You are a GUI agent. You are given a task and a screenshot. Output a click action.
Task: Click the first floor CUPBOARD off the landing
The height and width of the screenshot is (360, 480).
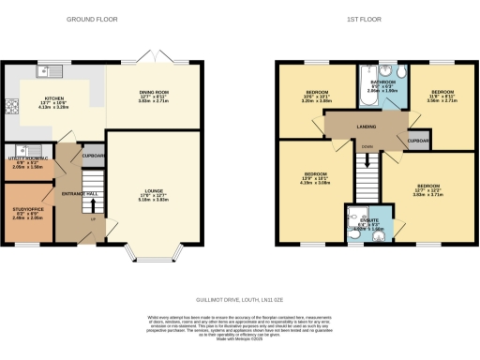(x=419, y=141)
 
